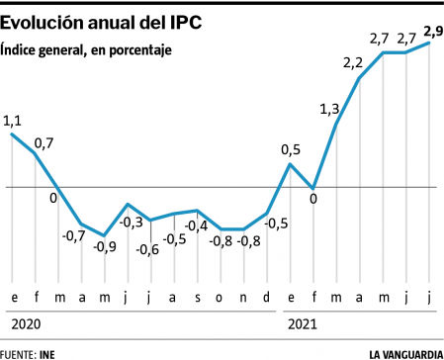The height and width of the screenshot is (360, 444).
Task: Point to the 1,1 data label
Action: click(13, 121)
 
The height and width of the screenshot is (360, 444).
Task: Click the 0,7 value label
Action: click(44, 143)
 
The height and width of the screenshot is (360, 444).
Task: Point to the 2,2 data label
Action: click(353, 63)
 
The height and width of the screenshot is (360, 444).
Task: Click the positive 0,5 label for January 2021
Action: click(290, 150)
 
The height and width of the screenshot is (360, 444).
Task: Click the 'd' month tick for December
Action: click(267, 297)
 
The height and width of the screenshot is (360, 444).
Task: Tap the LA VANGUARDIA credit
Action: click(404, 352)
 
